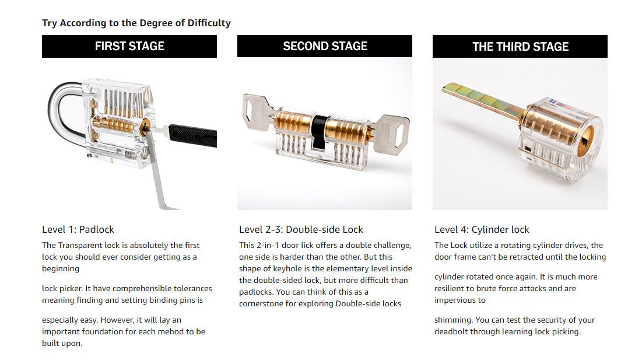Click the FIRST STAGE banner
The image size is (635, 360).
(129, 46)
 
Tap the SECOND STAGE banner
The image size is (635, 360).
(325, 46)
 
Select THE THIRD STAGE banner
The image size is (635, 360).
(520, 47)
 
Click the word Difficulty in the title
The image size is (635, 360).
(209, 23)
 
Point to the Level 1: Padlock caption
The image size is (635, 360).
(78, 229)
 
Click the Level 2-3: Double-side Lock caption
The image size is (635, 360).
(301, 229)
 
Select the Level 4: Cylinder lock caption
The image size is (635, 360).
(482, 229)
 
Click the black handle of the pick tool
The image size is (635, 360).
(193, 135)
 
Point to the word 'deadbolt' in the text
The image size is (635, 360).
(451, 331)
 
